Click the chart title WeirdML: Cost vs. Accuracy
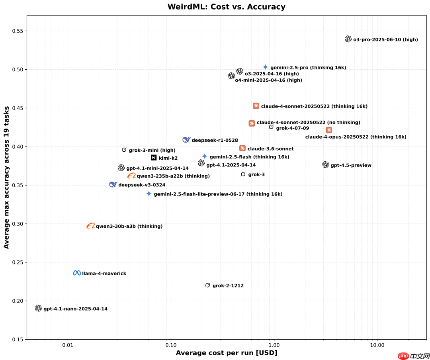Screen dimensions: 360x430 [x=226, y=7]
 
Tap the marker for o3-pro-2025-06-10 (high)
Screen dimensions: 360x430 [x=348, y=39]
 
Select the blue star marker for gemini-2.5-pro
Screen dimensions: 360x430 [x=265, y=67]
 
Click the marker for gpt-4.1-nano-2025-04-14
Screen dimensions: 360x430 [x=38, y=308]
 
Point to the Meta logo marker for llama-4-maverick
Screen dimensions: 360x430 [x=77, y=273]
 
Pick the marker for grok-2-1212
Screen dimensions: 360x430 [x=207, y=285]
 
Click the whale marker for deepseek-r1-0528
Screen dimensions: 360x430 [x=186, y=140]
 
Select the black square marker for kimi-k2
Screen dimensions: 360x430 [x=154, y=158]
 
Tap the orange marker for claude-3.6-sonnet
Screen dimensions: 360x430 [x=242, y=148]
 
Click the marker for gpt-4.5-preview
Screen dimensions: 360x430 [x=326, y=165]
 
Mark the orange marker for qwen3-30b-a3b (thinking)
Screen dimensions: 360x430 [x=91, y=226]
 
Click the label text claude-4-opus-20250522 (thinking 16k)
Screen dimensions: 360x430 [x=356, y=137]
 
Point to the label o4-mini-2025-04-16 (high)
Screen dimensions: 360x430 [x=268, y=80]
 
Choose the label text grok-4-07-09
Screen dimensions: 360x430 [x=292, y=128]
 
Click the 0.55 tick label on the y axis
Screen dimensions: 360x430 [x=17, y=31]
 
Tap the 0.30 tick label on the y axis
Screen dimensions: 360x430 [x=17, y=224]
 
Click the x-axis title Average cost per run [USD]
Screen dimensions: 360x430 [x=226, y=353]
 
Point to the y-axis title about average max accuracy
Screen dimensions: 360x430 [x=7, y=178]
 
